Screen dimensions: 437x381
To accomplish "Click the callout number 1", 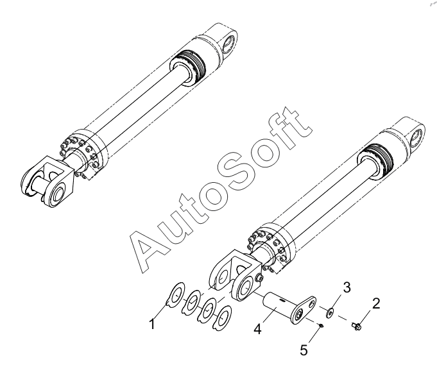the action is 152,324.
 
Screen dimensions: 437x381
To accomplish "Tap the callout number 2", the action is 376,303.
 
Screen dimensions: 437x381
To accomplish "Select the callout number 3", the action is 347,287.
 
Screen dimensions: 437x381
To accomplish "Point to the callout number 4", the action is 258,330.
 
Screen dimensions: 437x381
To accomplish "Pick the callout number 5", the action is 304,350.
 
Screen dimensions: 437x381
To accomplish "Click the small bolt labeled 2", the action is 356,326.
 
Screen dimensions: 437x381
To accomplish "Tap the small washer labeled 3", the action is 330,312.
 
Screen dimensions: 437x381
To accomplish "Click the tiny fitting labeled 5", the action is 321,325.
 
